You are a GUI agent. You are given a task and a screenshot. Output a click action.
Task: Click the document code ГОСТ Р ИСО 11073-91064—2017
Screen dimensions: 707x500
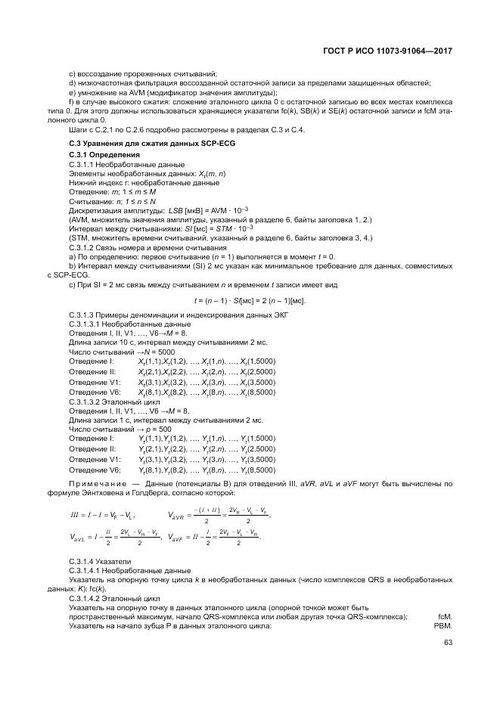pyautogui.click(x=388, y=50)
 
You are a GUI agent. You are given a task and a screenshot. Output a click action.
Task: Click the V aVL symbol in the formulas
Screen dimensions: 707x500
pyautogui.click(x=80, y=538)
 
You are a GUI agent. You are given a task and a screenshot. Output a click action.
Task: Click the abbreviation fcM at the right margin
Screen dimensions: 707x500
pyautogui.click(x=445, y=616)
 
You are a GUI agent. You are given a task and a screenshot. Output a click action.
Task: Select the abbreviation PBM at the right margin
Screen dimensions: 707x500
pyautogui.click(x=443, y=626)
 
